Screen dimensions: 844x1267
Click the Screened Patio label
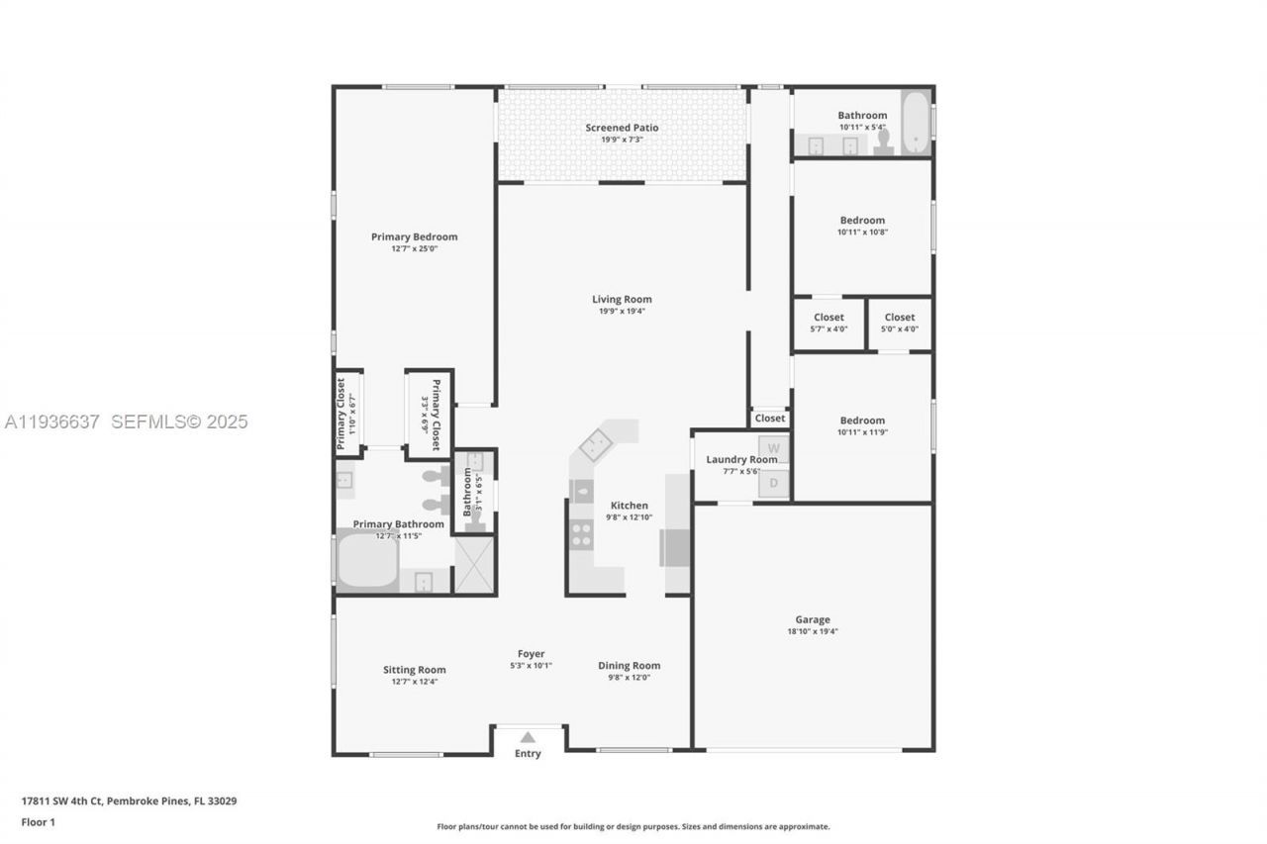[622, 128]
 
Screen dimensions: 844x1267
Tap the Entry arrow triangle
[528, 737]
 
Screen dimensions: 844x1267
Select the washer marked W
[774, 449]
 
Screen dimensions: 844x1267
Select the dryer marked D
[774, 483]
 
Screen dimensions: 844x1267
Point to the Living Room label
[622, 299]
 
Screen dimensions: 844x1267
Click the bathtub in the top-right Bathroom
[916, 123]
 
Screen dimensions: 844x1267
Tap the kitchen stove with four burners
[581, 534]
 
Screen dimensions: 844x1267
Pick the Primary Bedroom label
[414, 236]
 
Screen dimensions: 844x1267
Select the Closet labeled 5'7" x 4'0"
[828, 323]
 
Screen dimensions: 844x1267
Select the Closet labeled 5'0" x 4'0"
[900, 323]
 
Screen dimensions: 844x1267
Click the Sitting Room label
[414, 670]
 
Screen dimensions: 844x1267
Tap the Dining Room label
[629, 666]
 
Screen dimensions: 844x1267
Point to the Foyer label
[531, 653]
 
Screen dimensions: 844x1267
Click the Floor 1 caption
[39, 822]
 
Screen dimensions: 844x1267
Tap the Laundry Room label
[740, 459]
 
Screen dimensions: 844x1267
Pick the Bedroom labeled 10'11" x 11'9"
[862, 425]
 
